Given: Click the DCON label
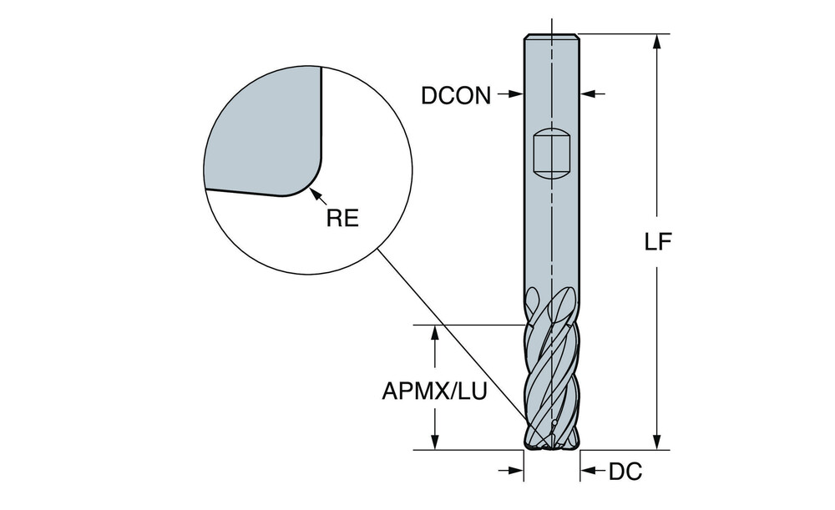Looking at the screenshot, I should pyautogui.click(x=456, y=95).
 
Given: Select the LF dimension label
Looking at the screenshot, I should pyautogui.click(x=659, y=241).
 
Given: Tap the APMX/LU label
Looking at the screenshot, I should pyautogui.click(x=434, y=390).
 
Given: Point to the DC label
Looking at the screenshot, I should pyautogui.click(x=625, y=472).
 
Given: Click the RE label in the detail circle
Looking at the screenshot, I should pyautogui.click(x=342, y=219).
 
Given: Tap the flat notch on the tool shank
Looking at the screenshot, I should pyautogui.click(x=550, y=153).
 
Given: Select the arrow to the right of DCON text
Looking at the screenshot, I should pyautogui.click(x=512, y=95).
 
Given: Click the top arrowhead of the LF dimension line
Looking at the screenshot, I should pyautogui.click(x=658, y=41).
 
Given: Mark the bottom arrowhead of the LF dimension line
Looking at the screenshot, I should pyautogui.click(x=658, y=443).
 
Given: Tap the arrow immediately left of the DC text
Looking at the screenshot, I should pyautogui.click(x=590, y=472).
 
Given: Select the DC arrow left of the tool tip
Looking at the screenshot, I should pyautogui.click(x=514, y=472).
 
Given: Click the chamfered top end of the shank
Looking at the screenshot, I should pyautogui.click(x=551, y=38).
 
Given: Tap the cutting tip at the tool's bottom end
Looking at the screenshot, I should pyautogui.click(x=552, y=445).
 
